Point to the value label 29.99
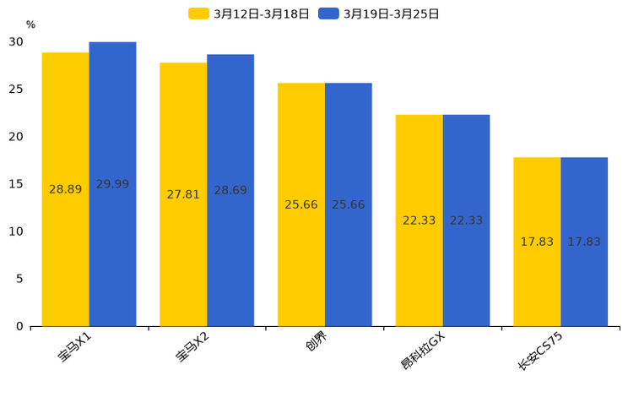tap(112, 184)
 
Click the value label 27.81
tap(183, 194)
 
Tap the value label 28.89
tap(66, 189)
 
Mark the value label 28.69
tap(230, 190)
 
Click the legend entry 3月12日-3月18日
tap(250, 14)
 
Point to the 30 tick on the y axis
tap(17, 41)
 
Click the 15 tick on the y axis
tap(17, 184)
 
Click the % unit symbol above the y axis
tap(30, 24)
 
